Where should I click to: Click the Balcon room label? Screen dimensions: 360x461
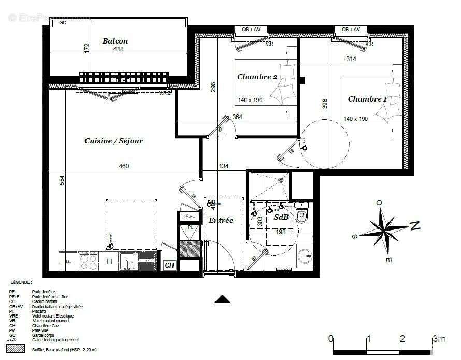[x=115, y=41]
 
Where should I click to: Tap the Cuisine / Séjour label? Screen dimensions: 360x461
[x=113, y=141]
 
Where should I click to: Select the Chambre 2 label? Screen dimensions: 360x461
[x=257, y=77]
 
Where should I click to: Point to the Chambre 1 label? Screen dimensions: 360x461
[x=367, y=99]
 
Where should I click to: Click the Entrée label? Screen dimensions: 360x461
[x=221, y=220]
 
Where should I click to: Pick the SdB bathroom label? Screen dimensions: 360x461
[x=281, y=218]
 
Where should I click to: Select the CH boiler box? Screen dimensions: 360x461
[x=169, y=265]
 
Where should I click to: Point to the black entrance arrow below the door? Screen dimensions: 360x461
[x=222, y=299]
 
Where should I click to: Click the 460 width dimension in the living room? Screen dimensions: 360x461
[x=124, y=166]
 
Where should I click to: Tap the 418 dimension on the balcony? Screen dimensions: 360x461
[x=119, y=50]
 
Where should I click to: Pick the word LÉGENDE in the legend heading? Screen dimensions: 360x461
[x=21, y=282]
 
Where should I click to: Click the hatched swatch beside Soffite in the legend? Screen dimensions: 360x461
[x=18, y=350]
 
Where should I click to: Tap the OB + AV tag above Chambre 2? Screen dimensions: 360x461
[x=251, y=30]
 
